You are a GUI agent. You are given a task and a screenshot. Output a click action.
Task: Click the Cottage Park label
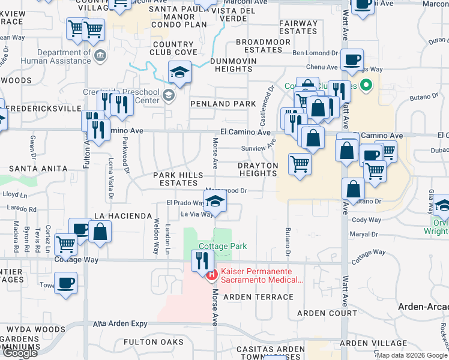click(223, 246)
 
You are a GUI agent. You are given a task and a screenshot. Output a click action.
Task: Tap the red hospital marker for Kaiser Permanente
click(211, 276)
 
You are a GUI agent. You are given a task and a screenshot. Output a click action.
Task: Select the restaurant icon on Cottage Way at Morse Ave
click(201, 260)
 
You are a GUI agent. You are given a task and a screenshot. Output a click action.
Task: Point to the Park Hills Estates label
click(175, 179)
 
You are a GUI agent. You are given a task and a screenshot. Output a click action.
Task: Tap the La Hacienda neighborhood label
click(122, 215)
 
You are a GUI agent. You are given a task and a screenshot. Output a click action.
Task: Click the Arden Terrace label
click(258, 296)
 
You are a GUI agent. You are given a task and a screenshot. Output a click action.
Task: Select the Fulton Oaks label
click(153, 342)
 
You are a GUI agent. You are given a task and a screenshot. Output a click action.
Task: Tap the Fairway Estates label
click(298, 27)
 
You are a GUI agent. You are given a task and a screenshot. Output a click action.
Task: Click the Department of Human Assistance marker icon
click(101, 56)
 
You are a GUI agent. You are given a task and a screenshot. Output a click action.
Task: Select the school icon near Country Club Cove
click(178, 73)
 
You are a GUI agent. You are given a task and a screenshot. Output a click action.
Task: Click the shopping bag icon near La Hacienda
click(100, 232)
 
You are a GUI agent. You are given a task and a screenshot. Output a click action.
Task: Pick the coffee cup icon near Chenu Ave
click(352, 59)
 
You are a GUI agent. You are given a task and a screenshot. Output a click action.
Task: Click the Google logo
click(20, 353)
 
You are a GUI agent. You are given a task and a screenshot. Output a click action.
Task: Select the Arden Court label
click(327, 313)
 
